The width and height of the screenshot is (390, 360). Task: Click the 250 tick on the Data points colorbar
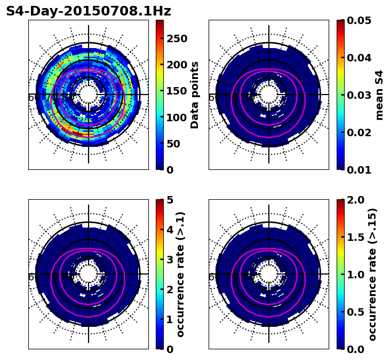coord(177,38)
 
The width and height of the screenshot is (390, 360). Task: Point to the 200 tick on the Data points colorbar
coord(177,65)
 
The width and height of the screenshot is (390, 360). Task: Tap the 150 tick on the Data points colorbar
coord(177,91)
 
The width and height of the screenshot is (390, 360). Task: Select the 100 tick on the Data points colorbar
coord(177,117)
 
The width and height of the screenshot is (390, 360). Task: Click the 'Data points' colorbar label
coord(195,95)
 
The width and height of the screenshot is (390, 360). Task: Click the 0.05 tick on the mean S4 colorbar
coord(359,20)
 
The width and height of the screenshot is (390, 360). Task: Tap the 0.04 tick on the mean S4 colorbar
coord(359,58)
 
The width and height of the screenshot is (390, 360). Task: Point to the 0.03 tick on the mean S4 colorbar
coord(359,95)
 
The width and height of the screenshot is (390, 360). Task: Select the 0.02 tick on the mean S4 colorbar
coord(359,132)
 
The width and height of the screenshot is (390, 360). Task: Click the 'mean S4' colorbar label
coord(379,95)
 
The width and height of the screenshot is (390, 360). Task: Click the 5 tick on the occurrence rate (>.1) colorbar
coord(170,200)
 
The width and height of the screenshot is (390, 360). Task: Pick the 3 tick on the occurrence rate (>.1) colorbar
coord(170,260)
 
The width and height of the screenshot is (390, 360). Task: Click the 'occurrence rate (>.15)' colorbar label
coord(372,275)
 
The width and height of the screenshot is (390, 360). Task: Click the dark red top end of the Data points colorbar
coord(160,22)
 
